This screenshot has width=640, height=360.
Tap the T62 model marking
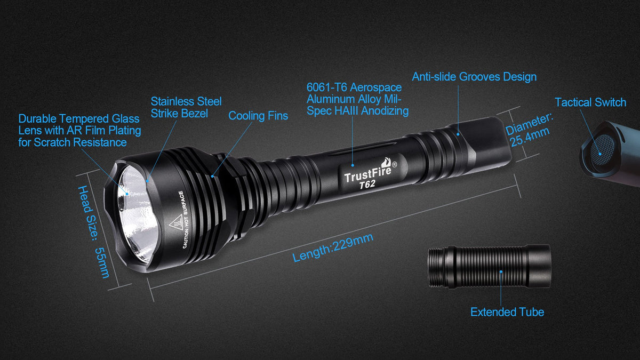tap(367, 185)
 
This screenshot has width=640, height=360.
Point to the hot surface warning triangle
tap(175, 222)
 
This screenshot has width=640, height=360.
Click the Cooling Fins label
tap(258, 116)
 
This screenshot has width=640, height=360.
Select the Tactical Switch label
tap(590, 102)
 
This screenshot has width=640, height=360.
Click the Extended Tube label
tap(507, 312)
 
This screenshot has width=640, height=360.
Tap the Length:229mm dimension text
tap(333, 247)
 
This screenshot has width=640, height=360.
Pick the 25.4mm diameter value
tap(530, 137)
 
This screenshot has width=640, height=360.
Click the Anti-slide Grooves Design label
tap(474, 77)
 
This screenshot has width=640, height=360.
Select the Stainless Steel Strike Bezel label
tap(186, 107)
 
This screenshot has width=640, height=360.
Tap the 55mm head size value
tap(102, 262)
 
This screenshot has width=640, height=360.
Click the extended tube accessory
tap(489, 266)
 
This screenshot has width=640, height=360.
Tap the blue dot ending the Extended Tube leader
tap(501, 271)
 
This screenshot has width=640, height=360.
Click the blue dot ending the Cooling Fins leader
tap(212, 177)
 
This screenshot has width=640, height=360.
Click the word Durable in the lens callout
tap(38, 118)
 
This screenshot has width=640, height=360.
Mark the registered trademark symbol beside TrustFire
tap(394, 165)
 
